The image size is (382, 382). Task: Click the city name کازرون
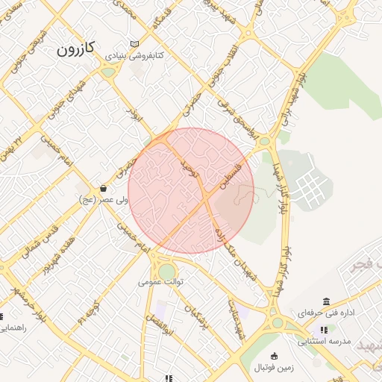pyautogui.click(x=77, y=49)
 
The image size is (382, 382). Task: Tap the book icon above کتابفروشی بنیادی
pyautogui.click(x=134, y=44)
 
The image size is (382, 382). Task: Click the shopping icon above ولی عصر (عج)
pyautogui.click(x=103, y=188)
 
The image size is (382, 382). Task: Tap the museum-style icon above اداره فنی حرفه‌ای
pyautogui.click(x=327, y=301)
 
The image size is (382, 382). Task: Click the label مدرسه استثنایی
pyautogui.click(x=323, y=342)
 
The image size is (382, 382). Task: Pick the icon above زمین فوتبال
pyautogui.click(x=275, y=356)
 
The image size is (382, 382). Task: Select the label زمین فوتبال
pyautogui.click(x=275, y=368)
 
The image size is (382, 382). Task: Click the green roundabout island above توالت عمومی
pyautogui.click(x=166, y=270)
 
